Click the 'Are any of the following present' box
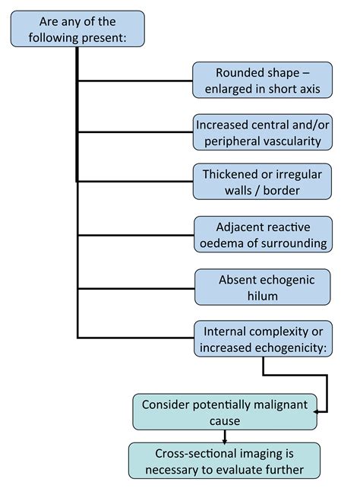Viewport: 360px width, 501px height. [77, 28]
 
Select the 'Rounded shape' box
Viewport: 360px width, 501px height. [262, 81]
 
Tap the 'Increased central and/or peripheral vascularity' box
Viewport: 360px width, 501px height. [263, 132]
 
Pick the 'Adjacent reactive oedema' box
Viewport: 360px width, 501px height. [263, 235]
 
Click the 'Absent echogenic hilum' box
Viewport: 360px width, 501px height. [263, 287]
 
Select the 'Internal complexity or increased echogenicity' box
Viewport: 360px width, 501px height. [263, 339]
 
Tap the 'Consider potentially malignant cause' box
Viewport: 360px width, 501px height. [224, 411]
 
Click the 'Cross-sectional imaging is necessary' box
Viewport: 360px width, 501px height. [224, 461]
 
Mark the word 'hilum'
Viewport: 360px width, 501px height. [263, 296]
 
